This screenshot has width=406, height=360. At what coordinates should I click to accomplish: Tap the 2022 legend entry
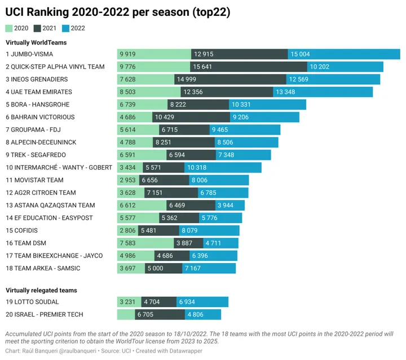pos(73,28)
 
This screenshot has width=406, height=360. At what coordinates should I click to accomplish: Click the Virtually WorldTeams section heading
pos(36,42)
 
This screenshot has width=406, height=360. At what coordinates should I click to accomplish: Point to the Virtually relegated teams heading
pos(41,290)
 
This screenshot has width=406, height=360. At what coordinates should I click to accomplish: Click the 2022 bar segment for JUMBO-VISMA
pos(344,54)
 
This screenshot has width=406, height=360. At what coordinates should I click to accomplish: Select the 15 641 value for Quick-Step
pos(202,66)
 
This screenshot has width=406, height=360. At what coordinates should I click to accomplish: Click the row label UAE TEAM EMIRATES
pos(39,92)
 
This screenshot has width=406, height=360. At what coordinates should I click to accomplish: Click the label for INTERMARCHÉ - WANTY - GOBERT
pos(59,167)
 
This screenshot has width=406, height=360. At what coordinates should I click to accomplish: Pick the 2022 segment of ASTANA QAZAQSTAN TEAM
pos(230,206)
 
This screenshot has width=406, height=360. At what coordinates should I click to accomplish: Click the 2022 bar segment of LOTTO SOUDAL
pos(202,302)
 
